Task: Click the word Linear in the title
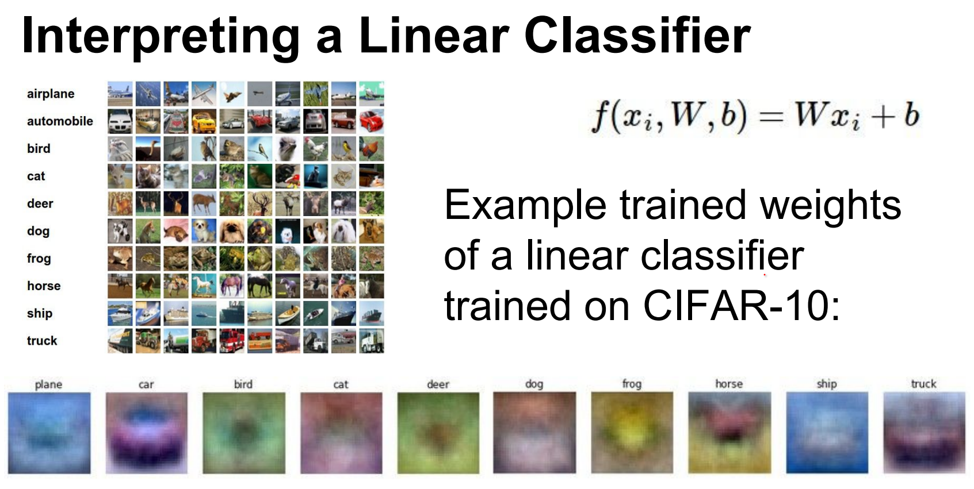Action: tap(433, 36)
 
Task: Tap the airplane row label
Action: tap(51, 94)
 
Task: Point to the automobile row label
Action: tap(60, 121)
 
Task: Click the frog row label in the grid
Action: tap(39, 259)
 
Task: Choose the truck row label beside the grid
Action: tap(42, 341)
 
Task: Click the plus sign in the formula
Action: tap(883, 117)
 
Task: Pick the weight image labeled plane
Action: tap(49, 433)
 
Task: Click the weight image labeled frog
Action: tap(632, 433)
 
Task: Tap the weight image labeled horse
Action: tap(729, 433)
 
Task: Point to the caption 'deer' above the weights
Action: tap(438, 384)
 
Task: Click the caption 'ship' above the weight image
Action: tap(827, 384)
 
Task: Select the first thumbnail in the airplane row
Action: tap(120, 94)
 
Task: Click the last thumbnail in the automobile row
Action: tap(371, 121)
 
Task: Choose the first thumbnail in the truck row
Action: tap(120, 341)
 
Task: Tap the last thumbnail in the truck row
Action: tap(371, 341)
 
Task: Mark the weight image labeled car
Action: tap(147, 433)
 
